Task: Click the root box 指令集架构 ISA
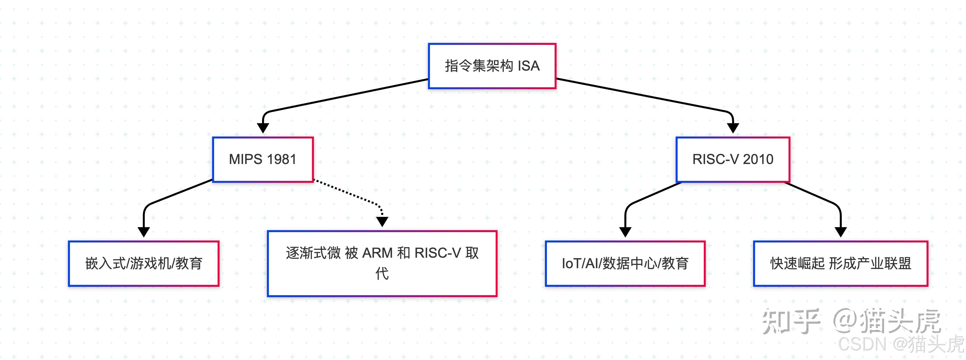click(x=492, y=66)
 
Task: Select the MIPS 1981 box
click(x=262, y=159)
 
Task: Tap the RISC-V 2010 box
click(x=732, y=159)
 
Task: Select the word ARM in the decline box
click(x=377, y=253)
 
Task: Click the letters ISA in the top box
click(x=528, y=66)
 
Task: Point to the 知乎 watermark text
click(x=790, y=322)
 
